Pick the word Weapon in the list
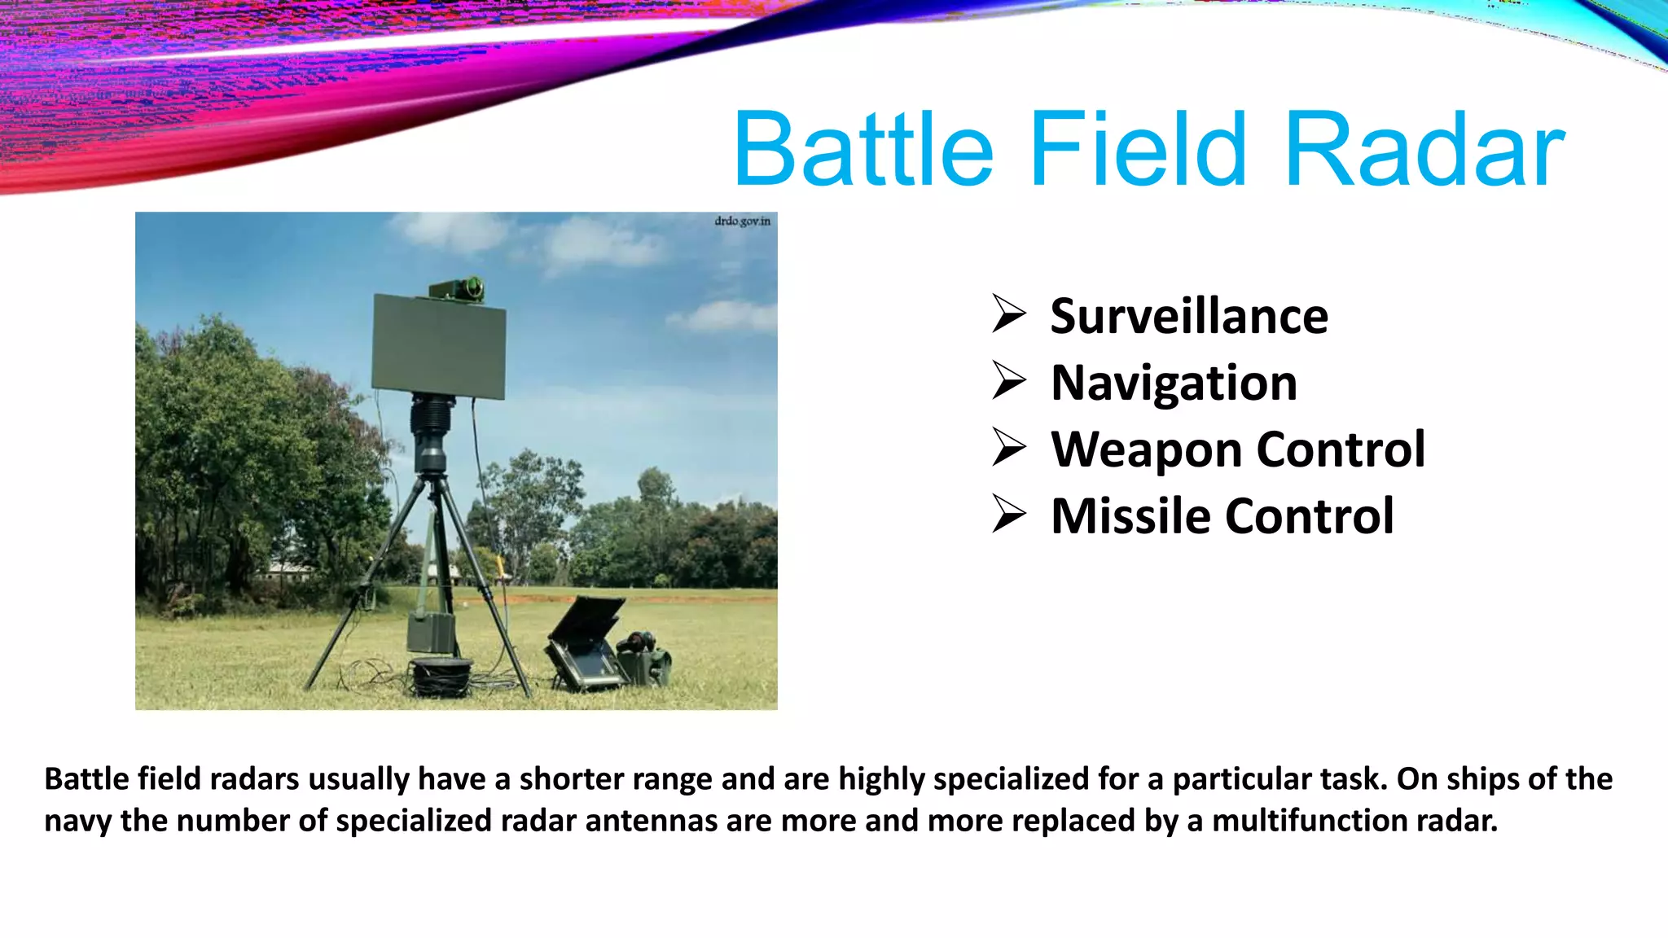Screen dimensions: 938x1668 point(1144,449)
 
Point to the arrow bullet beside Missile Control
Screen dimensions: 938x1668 point(1009,515)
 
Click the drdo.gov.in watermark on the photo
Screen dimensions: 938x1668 point(742,221)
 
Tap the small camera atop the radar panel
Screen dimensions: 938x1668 point(457,287)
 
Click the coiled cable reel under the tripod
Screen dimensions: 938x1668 point(441,676)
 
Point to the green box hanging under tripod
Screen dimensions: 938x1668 point(431,632)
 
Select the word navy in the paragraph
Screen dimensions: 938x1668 point(77,822)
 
